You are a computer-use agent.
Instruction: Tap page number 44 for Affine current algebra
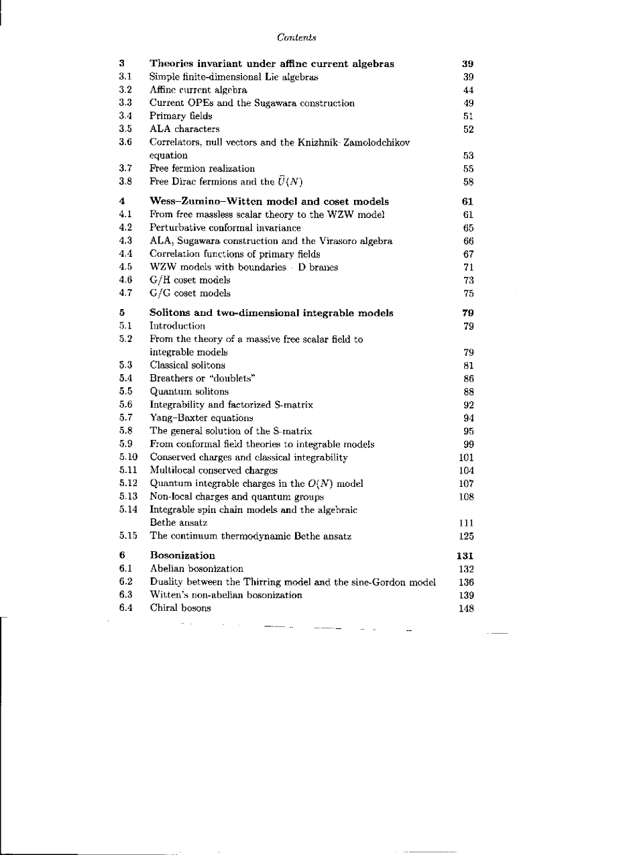[469, 91]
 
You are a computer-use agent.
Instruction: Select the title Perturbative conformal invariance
[225, 228]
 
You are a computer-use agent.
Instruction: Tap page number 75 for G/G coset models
[469, 293]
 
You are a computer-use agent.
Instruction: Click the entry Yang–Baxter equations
[201, 418]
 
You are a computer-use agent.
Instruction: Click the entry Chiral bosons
[180, 608]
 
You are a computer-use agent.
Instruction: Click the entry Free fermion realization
[202, 168]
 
